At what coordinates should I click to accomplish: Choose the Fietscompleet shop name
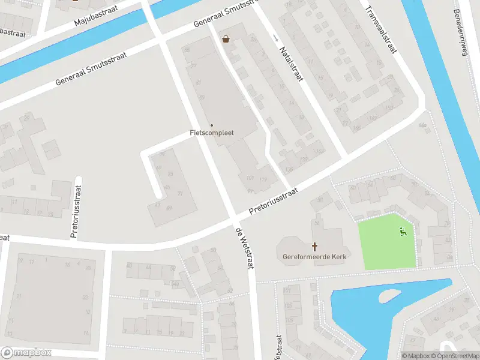tap(212, 133)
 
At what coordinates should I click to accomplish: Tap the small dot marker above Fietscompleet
tap(211, 125)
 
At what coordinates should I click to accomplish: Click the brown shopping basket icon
tap(226, 39)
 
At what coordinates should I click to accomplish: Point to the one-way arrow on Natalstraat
tap(275, 37)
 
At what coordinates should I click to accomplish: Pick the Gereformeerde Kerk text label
tap(315, 257)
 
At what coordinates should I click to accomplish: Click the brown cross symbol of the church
tap(314, 246)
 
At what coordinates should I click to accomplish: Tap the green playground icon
tap(403, 231)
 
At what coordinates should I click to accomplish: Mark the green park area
tap(384, 243)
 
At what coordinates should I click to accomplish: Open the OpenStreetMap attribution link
tap(455, 356)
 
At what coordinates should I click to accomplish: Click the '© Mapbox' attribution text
tap(417, 356)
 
